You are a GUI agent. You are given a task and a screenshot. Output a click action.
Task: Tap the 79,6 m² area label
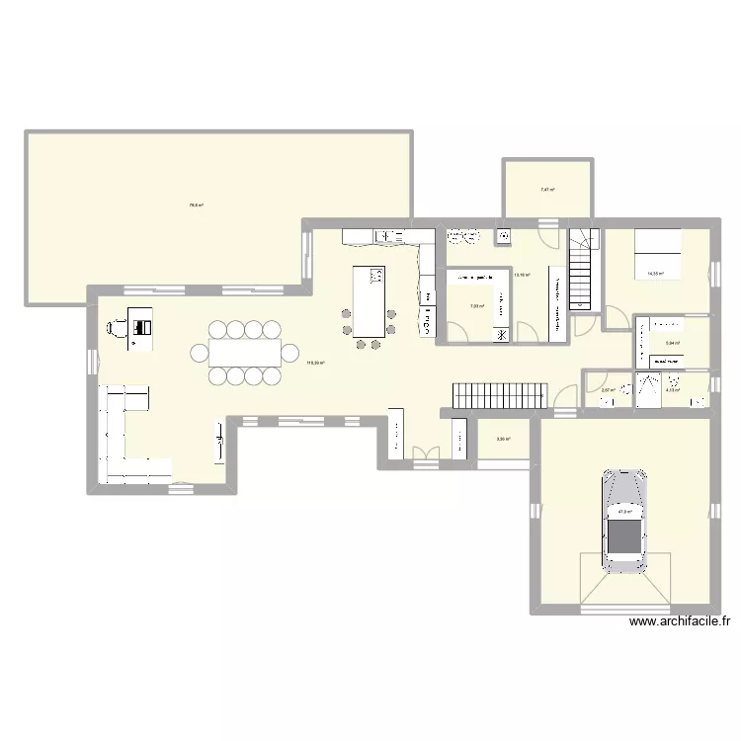coord(196,206)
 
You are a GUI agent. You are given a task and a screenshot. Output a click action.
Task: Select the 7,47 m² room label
coord(546,190)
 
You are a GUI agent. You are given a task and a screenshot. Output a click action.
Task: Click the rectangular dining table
coord(244,352)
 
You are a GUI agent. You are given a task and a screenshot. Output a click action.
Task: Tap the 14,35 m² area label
coord(655,275)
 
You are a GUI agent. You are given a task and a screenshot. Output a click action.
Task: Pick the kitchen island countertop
coord(369,301)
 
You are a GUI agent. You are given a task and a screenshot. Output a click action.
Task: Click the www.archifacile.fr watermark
coord(679,622)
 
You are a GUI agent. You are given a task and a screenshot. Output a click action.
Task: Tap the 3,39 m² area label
coord(503,439)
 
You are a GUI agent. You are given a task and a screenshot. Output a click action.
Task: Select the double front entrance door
coord(426,454)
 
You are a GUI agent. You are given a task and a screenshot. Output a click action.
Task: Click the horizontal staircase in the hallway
coord(499,394)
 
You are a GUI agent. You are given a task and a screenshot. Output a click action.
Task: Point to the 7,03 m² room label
coord(476,306)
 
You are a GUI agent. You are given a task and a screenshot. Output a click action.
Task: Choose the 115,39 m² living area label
coord(315,363)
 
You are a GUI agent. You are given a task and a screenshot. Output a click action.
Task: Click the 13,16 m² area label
coord(522,276)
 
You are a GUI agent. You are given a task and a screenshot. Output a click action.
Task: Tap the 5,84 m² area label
coord(673,343)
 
